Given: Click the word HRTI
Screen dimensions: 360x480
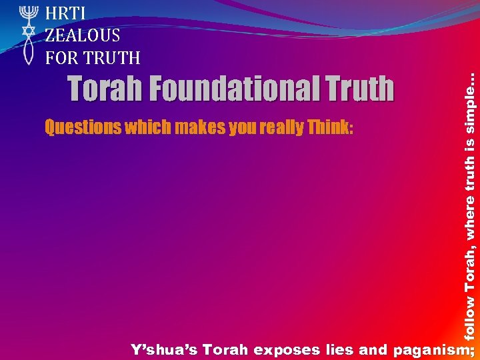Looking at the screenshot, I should (x=65, y=13).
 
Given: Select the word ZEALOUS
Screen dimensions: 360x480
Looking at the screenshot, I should (x=83, y=35).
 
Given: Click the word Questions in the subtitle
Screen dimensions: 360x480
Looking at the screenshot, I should (x=77, y=127).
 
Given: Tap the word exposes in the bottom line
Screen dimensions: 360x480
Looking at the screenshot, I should (x=285, y=349).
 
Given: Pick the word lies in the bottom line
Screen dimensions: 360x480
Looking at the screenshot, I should (x=339, y=349).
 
